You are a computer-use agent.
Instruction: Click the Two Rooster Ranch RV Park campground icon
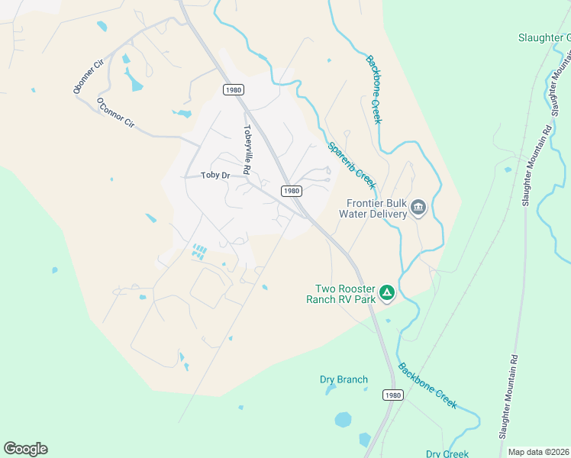click(x=388, y=292)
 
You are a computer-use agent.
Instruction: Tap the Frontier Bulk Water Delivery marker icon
click(x=418, y=207)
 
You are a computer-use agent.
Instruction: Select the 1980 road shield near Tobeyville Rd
click(x=234, y=90)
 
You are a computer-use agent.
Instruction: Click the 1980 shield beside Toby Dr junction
click(x=289, y=190)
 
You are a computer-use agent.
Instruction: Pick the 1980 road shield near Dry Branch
click(x=392, y=395)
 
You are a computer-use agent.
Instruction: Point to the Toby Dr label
click(x=215, y=176)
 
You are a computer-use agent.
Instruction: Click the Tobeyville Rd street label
click(x=247, y=150)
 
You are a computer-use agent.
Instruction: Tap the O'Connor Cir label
click(x=115, y=112)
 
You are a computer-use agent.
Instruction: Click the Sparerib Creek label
click(x=352, y=166)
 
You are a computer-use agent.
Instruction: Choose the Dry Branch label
click(x=344, y=379)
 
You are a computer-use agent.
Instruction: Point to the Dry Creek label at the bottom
click(x=447, y=453)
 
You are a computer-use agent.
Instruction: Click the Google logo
click(x=25, y=449)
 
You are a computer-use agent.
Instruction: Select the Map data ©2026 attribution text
click(x=538, y=452)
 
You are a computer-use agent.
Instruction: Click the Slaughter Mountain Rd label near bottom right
click(x=508, y=395)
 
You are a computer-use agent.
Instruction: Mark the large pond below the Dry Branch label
click(x=344, y=419)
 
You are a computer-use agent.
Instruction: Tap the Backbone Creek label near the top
click(x=373, y=89)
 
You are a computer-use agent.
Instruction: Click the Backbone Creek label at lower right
click(x=427, y=385)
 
